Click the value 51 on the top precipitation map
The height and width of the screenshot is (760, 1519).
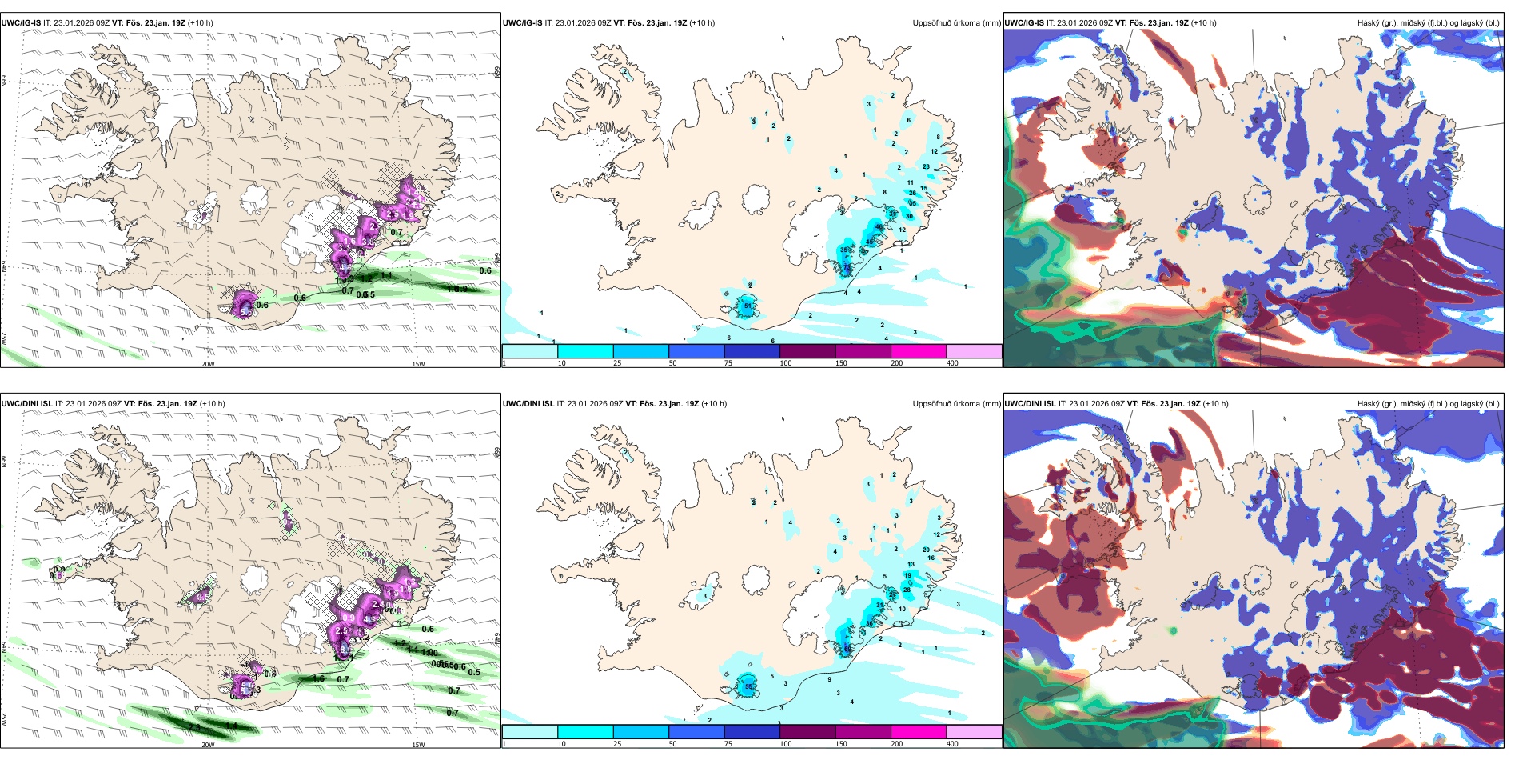(x=748, y=306)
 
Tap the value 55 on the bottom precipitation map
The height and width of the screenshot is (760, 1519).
(x=748, y=686)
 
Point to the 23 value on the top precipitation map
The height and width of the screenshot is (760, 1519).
(x=926, y=166)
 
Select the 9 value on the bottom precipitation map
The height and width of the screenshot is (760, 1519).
(x=829, y=679)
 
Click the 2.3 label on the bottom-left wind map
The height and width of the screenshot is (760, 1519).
(x=194, y=726)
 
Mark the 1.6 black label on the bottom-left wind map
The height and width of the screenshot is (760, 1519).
(x=318, y=678)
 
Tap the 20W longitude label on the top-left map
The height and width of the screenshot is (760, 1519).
(x=208, y=364)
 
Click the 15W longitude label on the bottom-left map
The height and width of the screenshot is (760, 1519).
(x=417, y=745)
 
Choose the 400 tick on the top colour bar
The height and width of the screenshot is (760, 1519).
(x=952, y=363)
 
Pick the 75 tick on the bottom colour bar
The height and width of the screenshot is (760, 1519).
(x=728, y=744)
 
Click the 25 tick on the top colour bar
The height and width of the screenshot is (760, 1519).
(x=617, y=363)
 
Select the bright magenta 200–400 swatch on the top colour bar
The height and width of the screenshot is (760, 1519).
(x=919, y=351)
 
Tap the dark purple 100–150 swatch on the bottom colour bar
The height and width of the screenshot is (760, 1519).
(x=807, y=732)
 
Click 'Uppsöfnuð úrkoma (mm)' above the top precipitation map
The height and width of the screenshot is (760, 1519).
(x=956, y=23)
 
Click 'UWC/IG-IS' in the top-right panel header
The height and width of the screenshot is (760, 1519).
(x=1024, y=23)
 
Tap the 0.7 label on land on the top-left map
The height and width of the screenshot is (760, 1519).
(x=397, y=233)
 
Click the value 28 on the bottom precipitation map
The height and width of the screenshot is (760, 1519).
(x=907, y=590)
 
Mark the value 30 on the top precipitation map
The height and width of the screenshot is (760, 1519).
(x=909, y=216)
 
